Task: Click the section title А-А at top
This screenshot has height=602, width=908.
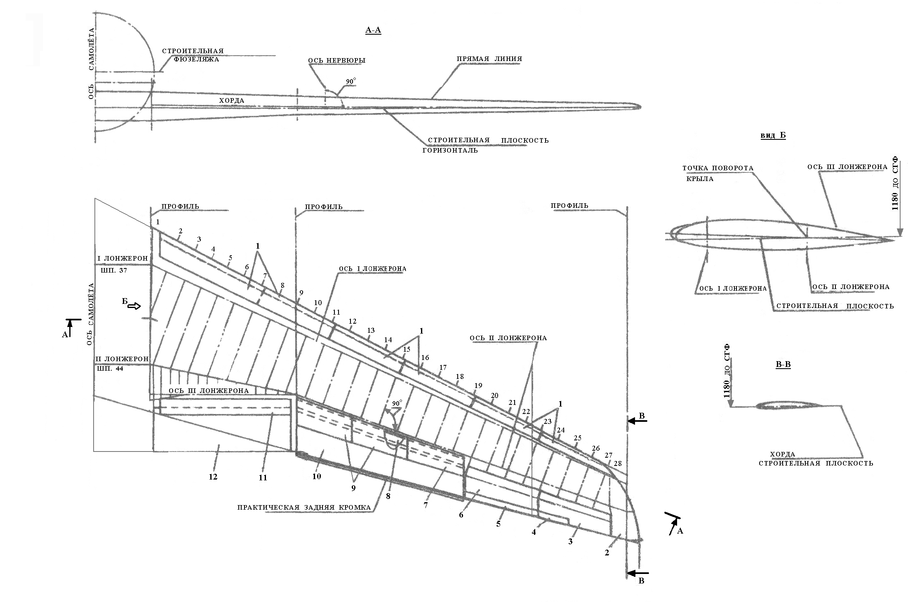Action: point(373,30)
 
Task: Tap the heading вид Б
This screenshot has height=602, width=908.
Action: point(773,136)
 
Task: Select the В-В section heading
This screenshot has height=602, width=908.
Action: point(783,364)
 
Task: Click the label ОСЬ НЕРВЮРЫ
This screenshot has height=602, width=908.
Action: point(336,61)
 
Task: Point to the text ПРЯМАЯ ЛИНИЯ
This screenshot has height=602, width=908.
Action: point(489,59)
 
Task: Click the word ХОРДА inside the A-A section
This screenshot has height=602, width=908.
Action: point(231,101)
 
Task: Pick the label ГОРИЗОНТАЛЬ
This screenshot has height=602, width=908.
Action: point(450,150)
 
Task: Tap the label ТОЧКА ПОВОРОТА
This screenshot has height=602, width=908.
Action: point(717,168)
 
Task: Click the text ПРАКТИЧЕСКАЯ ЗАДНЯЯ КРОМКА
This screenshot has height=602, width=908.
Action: point(304,507)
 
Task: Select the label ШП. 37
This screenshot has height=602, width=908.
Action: point(114,270)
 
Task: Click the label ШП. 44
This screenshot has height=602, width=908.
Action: point(110,369)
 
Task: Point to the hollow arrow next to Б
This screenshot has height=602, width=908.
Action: point(134,306)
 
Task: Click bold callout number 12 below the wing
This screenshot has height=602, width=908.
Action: point(213,477)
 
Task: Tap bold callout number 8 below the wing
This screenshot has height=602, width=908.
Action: point(388,496)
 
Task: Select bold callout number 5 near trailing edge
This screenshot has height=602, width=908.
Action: point(498,524)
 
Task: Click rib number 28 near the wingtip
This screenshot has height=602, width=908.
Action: point(617,464)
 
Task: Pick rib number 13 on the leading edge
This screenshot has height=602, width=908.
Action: point(371,330)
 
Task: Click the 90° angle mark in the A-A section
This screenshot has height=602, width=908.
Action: point(350,82)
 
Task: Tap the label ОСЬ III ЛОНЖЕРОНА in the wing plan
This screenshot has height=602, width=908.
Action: point(208,391)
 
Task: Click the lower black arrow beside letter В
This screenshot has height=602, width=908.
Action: point(637,573)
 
